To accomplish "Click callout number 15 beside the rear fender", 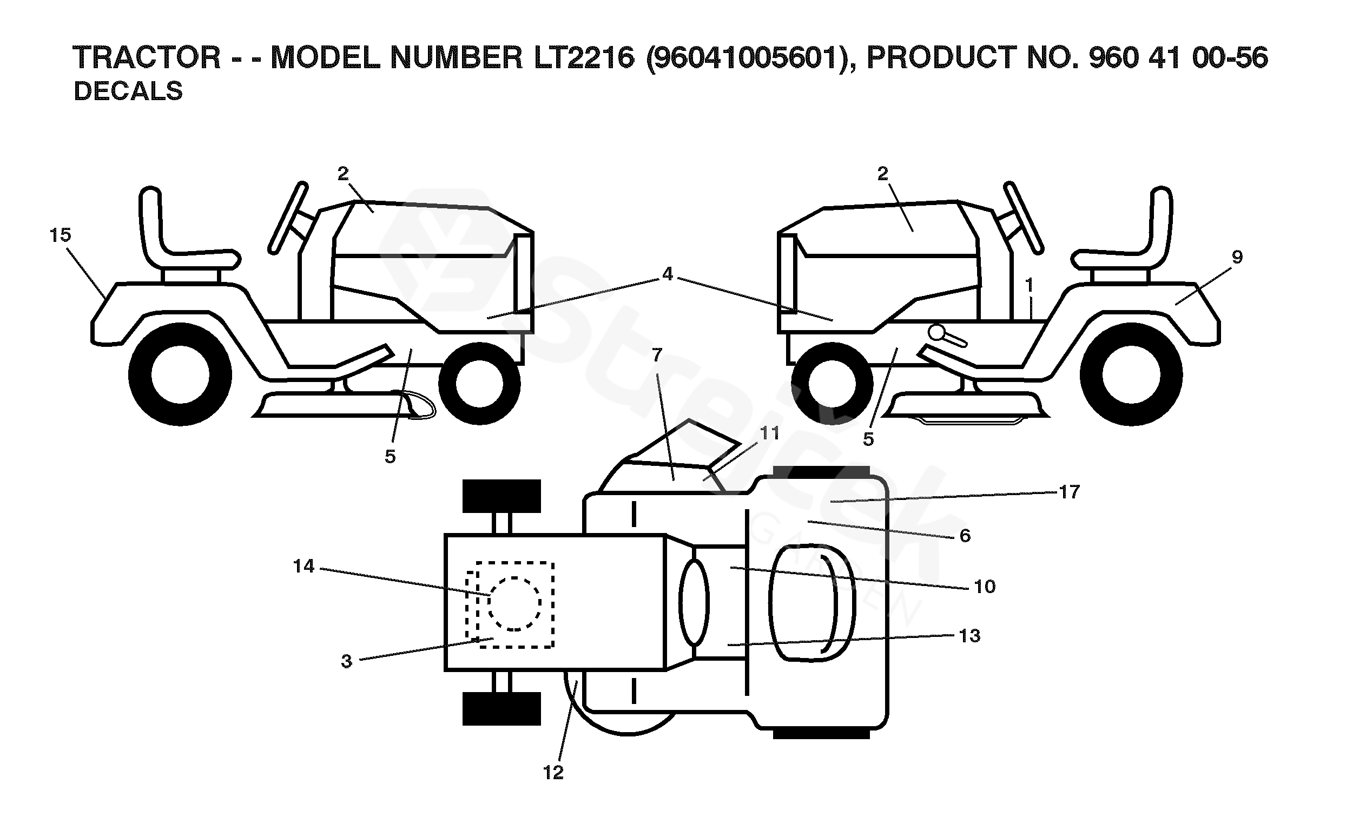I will (x=60, y=235).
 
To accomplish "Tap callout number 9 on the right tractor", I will (x=1237, y=257).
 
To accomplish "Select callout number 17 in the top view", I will (x=1069, y=492).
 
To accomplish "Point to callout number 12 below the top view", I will (x=553, y=773).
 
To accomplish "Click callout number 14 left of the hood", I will (x=303, y=565).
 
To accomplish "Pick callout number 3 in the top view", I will (x=346, y=661).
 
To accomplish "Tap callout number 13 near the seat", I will (x=969, y=636).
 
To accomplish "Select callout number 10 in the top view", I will (x=985, y=587).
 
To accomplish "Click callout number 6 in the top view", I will (x=965, y=536).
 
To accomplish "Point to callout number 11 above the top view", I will (x=770, y=433).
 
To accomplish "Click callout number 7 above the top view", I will (x=657, y=356).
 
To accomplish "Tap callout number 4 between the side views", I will (x=667, y=274).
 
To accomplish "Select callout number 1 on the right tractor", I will (x=1029, y=285).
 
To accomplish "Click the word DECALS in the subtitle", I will (x=128, y=91).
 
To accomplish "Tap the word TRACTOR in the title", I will (x=147, y=57).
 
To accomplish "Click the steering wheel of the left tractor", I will (x=288, y=218).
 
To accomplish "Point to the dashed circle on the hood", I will (x=514, y=603).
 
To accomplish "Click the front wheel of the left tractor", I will (x=479, y=383).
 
